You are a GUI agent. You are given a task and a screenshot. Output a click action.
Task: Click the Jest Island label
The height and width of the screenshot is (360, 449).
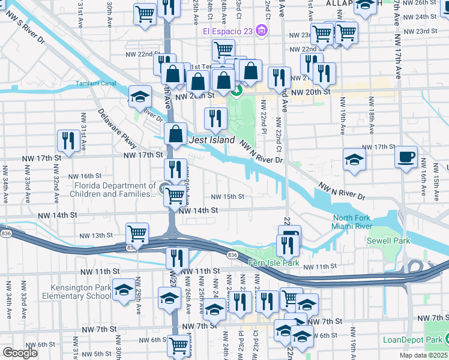pos(211,140)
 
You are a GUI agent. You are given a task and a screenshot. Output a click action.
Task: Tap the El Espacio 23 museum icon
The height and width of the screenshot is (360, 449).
pos(261,31)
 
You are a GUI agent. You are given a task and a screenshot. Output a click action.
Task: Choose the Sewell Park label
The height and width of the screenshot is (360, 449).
pos(388,241)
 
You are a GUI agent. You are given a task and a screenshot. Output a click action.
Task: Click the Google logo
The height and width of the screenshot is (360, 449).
pos(20,353)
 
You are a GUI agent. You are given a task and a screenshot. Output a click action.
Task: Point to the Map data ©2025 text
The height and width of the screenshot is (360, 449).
pos(424,355)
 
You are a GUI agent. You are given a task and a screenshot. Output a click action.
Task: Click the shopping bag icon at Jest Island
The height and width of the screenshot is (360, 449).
pos(176,134)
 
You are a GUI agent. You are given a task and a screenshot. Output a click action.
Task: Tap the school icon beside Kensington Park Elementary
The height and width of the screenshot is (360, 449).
pos(123,290)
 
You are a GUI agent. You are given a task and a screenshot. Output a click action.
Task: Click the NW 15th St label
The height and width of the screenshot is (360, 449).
pos(228,197)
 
